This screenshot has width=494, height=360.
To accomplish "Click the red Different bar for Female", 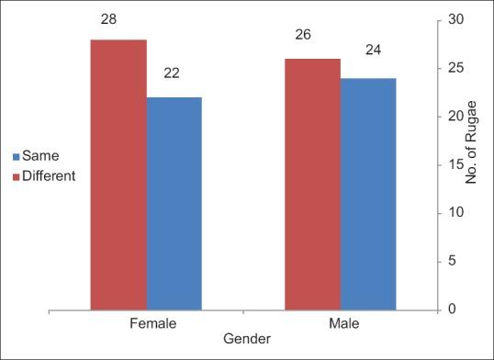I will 118,174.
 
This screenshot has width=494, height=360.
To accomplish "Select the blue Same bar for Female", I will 174,203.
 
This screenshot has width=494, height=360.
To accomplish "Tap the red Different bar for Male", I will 312,184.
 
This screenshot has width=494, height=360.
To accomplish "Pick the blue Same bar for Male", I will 368,194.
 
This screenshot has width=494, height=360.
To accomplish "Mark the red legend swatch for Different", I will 16,176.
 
